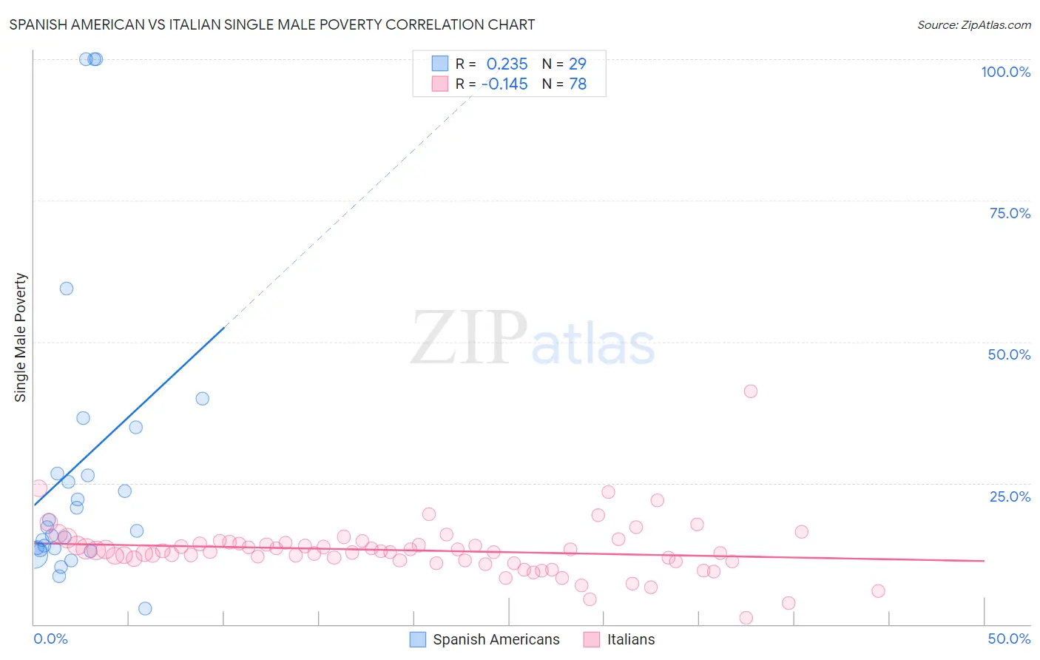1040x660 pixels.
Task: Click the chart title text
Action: [x=271, y=24]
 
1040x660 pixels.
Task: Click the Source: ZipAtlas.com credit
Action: [x=973, y=25]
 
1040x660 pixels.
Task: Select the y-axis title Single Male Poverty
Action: [x=21, y=337]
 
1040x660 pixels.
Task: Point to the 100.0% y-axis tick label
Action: [x=1005, y=72]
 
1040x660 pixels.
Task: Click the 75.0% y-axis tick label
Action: [x=1010, y=213]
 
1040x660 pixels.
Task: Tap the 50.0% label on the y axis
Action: [x=1009, y=354]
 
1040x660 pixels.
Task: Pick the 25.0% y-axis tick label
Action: [x=1010, y=496]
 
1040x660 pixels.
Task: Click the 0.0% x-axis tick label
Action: [x=50, y=639]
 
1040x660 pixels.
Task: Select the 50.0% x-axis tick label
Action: [x=1009, y=639]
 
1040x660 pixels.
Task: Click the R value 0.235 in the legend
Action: [x=507, y=64]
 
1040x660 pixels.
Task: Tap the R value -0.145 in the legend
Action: [x=504, y=84]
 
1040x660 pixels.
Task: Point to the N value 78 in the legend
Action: [x=577, y=84]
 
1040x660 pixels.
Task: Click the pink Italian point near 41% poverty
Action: [x=751, y=391]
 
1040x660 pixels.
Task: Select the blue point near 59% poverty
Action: [x=67, y=289]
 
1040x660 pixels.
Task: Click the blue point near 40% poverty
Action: [x=202, y=399]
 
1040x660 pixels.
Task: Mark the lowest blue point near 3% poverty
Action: [x=145, y=608]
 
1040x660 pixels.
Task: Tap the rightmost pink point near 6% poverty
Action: [x=878, y=590]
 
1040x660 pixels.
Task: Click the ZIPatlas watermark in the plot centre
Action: [x=533, y=339]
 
